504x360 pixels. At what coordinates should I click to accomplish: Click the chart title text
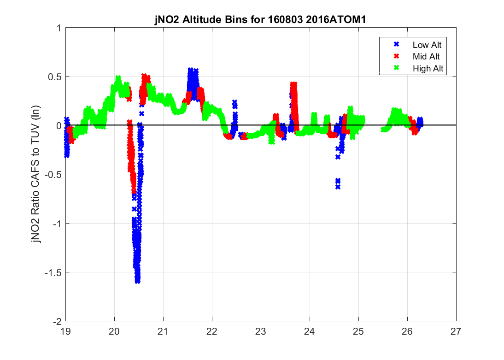[x=261, y=21]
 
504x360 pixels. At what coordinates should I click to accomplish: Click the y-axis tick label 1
[x=59, y=28]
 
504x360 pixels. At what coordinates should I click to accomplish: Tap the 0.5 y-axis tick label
[x=55, y=77]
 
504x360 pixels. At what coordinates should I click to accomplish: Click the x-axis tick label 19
[x=66, y=331]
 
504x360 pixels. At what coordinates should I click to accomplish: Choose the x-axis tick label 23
[x=261, y=331]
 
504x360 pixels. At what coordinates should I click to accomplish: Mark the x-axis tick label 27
[x=456, y=331]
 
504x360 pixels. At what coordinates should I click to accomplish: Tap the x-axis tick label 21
[x=164, y=331]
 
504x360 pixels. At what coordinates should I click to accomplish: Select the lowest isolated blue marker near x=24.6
[x=338, y=187]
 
